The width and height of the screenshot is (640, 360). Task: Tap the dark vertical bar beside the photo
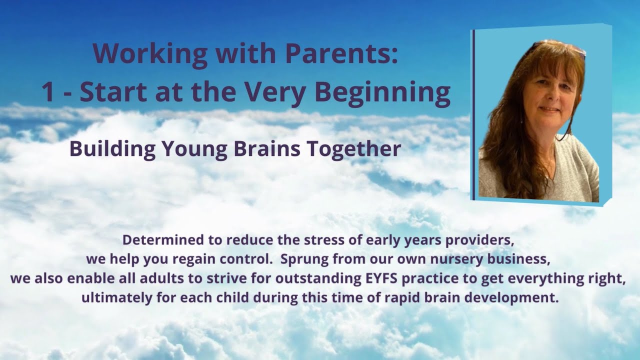point(473,114)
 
